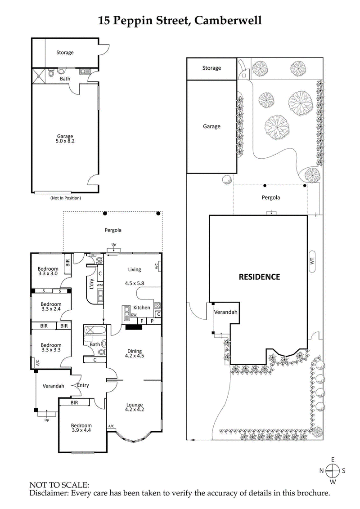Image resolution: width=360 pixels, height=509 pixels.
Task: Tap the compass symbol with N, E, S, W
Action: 333,471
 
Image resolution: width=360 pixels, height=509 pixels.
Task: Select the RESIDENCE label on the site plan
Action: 259,277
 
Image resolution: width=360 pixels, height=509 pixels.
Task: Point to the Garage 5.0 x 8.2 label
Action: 65,139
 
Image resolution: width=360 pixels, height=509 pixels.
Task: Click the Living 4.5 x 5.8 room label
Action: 135,277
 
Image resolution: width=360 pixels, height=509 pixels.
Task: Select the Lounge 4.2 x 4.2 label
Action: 134,406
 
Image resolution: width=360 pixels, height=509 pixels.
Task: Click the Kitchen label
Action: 141,308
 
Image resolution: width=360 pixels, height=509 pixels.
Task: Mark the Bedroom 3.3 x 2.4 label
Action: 51,307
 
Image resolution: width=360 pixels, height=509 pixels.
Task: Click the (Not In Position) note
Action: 65,198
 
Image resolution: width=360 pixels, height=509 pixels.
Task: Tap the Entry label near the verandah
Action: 83,385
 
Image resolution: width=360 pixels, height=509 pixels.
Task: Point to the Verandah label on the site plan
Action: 225,312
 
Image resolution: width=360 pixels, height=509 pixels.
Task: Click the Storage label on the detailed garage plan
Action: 65,53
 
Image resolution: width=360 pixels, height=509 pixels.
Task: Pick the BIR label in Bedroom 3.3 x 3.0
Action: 67,262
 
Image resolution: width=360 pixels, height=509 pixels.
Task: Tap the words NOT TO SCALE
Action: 59,485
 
